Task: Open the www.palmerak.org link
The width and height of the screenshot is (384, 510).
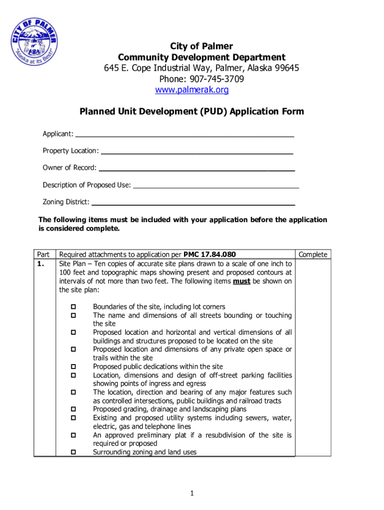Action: click(192, 90)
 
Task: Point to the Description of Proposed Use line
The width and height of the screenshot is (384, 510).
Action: click(216, 186)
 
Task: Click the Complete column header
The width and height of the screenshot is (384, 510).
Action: click(313, 255)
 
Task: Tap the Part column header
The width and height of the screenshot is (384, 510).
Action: click(44, 255)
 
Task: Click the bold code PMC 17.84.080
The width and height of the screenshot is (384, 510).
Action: click(209, 255)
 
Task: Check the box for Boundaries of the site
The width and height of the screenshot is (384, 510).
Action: click(73, 307)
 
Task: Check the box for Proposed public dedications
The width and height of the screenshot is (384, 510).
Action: click(73, 367)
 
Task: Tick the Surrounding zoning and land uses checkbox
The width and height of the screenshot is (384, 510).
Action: click(73, 452)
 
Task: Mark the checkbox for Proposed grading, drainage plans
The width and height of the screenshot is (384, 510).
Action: click(73, 409)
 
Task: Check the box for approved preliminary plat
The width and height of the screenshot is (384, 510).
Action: click(73, 435)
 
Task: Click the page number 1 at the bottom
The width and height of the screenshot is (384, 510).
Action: click(192, 493)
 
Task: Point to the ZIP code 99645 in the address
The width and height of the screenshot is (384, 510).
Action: click(286, 68)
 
